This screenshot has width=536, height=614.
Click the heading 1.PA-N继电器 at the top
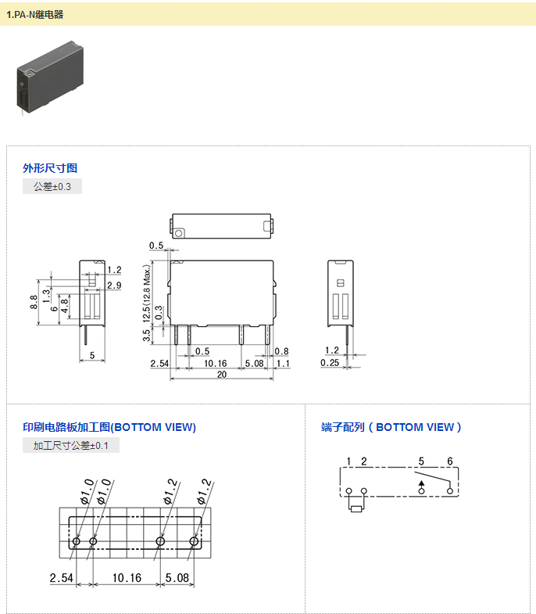point(35,15)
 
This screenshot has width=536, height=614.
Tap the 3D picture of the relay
point(50,77)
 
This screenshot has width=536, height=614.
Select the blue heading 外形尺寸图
point(50,168)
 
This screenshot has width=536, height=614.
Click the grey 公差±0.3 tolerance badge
point(52,186)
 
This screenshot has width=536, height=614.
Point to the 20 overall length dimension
point(222,375)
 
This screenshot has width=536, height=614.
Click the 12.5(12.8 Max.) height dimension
point(146,293)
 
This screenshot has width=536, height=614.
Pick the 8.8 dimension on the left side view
point(34,302)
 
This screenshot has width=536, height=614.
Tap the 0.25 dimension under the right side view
point(330,363)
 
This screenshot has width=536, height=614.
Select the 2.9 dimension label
point(114,285)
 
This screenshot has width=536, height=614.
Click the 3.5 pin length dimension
point(146,336)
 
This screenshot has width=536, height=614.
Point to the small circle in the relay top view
point(178,233)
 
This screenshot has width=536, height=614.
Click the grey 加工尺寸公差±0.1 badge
point(71,445)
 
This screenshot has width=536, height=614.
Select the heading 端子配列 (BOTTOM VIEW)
point(391,427)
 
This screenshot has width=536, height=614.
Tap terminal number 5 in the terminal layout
point(421,461)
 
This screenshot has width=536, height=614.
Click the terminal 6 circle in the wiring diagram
point(450,491)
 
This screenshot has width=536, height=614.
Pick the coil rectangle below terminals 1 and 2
point(356,508)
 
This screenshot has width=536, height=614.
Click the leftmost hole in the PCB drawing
point(77,541)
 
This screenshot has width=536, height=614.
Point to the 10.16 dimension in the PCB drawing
point(127,578)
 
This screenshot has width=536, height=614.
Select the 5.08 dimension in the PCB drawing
point(177,578)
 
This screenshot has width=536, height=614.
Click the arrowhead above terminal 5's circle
point(421,483)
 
